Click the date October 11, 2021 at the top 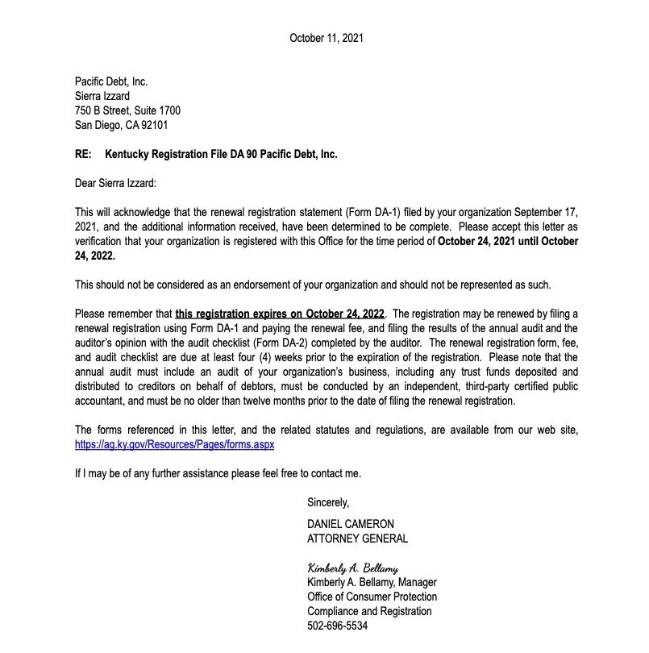pos(327,38)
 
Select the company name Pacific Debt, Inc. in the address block pos(111,81)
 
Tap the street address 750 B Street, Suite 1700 pos(127,110)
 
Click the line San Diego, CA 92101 pos(121,125)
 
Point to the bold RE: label pos(83,154)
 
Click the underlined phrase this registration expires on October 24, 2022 pos(281,313)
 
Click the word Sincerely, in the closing pos(328,502)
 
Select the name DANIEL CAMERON pos(351,524)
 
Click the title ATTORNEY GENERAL pos(357,539)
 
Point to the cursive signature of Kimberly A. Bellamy pos(352,568)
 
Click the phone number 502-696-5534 pos(338,626)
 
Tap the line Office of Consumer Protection pos(372,597)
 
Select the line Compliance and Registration pos(366,611)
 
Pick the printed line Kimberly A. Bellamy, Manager pos(372,582)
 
